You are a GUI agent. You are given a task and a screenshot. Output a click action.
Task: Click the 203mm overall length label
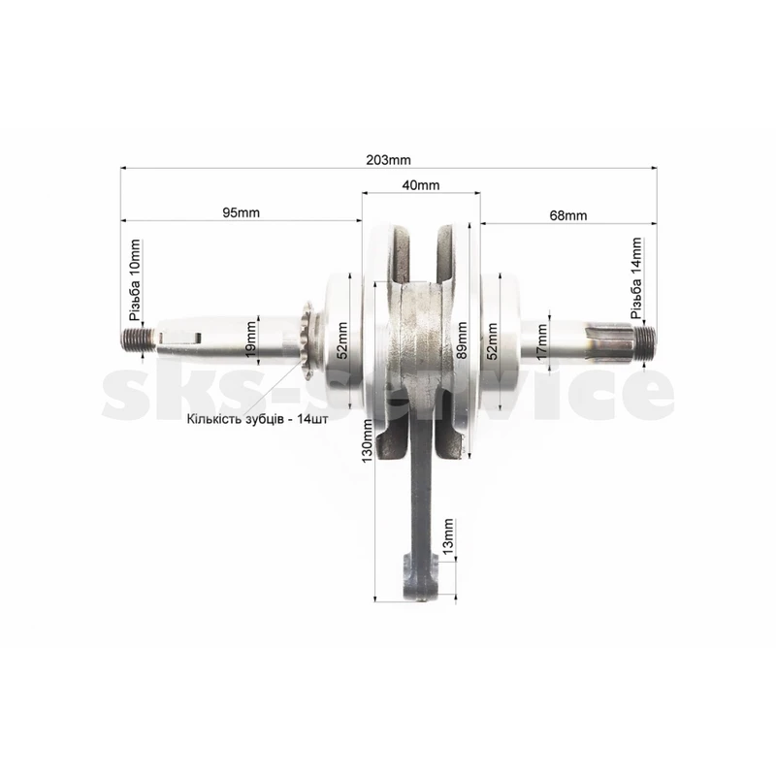tap(388, 160)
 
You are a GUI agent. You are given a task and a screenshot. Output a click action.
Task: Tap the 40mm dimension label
tap(421, 185)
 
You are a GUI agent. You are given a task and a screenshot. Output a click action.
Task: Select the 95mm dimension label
tap(241, 212)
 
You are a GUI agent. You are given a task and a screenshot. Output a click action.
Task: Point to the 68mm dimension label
tap(568, 215)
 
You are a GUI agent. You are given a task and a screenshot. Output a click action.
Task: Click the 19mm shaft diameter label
tap(251, 339)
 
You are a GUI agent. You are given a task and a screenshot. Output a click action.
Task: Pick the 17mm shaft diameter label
tap(542, 342)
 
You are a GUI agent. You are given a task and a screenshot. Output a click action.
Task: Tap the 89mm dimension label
tap(462, 340)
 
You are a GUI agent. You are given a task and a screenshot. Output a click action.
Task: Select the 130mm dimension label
tap(368, 441)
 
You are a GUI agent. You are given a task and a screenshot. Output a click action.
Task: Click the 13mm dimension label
tap(448, 537)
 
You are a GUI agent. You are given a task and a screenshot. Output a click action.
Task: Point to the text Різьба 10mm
tap(134, 280)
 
